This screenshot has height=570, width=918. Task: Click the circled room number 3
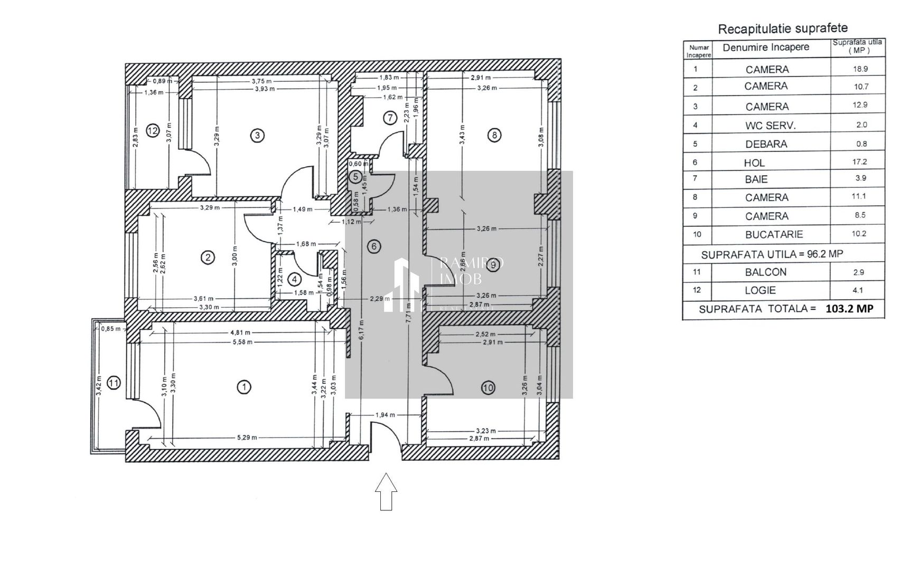tap(257, 136)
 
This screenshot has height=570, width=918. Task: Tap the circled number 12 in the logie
tap(153, 130)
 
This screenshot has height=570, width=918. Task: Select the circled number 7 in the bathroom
tap(390, 118)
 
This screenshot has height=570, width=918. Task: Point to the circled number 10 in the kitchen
tap(488, 388)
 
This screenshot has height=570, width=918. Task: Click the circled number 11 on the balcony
tap(114, 383)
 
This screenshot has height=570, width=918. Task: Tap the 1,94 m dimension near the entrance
tap(385, 415)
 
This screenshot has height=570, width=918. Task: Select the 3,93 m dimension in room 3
tap(265, 89)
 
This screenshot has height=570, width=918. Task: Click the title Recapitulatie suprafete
tap(783, 28)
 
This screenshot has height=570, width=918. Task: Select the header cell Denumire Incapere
tap(766, 47)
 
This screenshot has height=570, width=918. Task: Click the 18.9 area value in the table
tap(860, 69)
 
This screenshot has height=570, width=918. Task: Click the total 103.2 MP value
tap(849, 309)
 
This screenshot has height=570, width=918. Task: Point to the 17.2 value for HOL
tap(860, 162)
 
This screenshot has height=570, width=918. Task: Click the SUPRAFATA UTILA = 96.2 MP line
tap(772, 254)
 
